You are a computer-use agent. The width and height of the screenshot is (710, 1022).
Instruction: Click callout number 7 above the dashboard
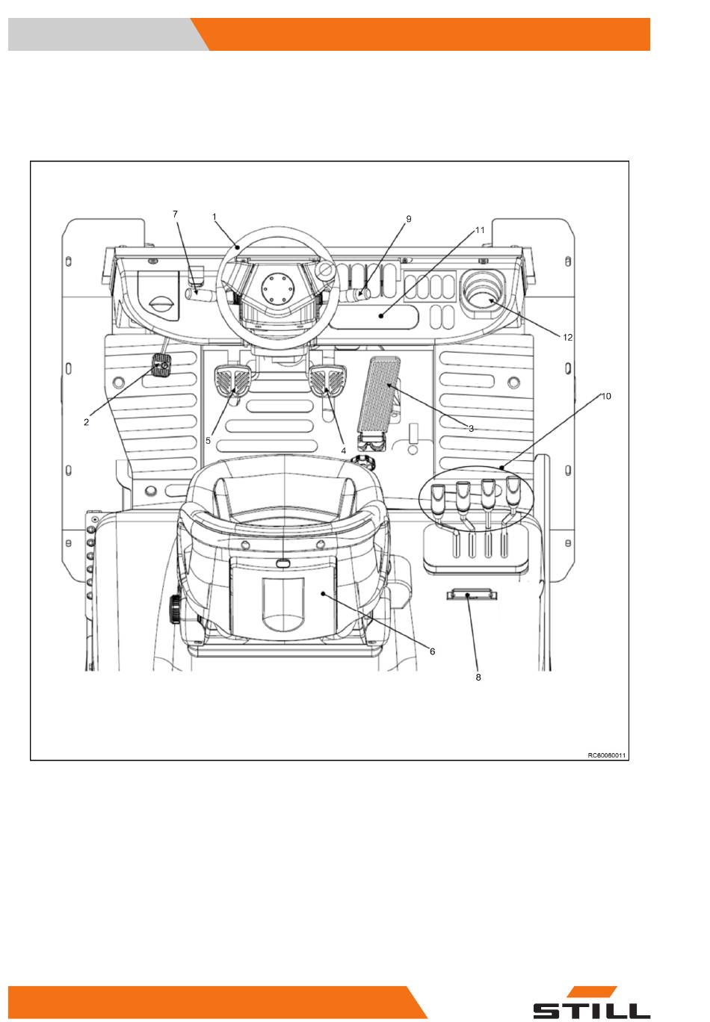pos(175,214)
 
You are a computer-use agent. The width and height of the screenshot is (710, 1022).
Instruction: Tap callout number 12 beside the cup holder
pos(567,337)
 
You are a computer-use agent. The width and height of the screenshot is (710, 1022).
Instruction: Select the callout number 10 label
pos(605,396)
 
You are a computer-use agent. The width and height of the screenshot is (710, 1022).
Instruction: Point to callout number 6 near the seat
pos(432,651)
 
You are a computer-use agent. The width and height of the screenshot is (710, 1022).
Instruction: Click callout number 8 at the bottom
pos(478,678)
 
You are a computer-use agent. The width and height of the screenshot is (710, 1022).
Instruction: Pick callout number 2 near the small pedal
pos(86,422)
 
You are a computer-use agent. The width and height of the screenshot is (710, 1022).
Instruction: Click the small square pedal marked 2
pos(161,366)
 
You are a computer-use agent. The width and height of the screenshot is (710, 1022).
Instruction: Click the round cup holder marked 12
pos(484,292)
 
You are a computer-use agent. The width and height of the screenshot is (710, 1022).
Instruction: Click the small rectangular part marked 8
pos(472,595)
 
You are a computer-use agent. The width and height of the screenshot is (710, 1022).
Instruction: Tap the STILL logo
pos(592,1003)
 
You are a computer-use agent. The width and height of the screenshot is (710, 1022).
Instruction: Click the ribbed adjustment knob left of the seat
pos(174,609)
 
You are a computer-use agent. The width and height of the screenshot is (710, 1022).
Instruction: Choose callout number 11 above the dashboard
pos(480,230)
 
